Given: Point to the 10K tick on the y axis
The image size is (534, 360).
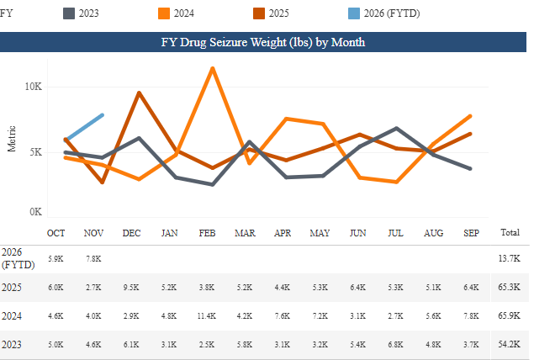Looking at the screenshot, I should (x=34, y=87).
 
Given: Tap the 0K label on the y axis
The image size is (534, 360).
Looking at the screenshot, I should (x=36, y=212).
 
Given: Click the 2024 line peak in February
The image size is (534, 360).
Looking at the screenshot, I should (x=213, y=68).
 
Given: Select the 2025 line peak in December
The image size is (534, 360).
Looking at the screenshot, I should (x=139, y=93).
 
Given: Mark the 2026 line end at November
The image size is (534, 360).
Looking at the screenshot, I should (x=103, y=114).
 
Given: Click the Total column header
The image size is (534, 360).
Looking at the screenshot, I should (x=510, y=231).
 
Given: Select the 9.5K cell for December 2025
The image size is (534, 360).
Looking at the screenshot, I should (x=131, y=288).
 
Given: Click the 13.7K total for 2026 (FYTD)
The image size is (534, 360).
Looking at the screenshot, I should (x=510, y=258).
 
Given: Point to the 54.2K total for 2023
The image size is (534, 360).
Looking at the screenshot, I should (x=510, y=345).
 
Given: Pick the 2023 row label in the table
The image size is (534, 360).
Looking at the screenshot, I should (x=11, y=345).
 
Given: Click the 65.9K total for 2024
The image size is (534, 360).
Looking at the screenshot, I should (x=510, y=316).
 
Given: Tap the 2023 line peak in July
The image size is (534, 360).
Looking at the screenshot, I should (x=396, y=128).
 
